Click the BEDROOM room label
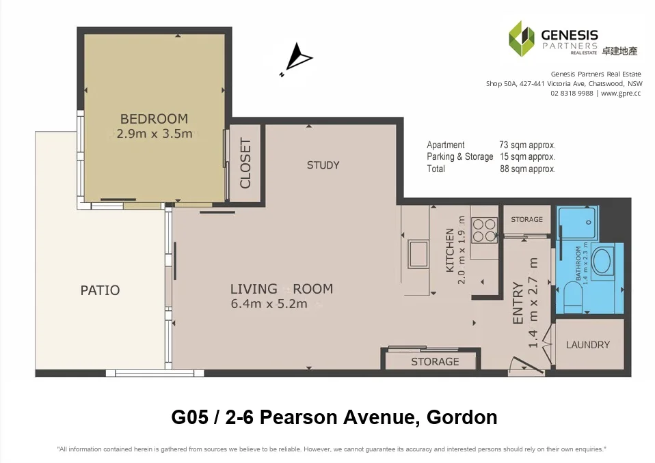(x=154, y=119)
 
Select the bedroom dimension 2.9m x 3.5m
(x=155, y=134)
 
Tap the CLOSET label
(x=245, y=164)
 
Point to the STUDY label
(x=323, y=165)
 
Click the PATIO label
(x=100, y=290)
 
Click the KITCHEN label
(x=450, y=250)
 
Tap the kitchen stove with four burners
(x=485, y=229)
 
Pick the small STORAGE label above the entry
(x=526, y=219)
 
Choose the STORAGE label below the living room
(x=435, y=361)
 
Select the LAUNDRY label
(x=587, y=345)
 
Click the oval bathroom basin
(x=603, y=261)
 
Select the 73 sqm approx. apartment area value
(x=527, y=145)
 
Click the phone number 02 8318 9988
(x=572, y=93)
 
